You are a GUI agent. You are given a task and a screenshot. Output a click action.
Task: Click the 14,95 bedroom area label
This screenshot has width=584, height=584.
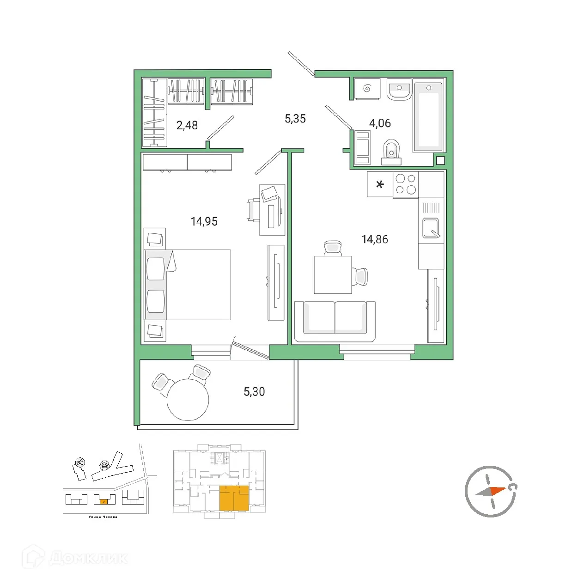[x=204, y=221]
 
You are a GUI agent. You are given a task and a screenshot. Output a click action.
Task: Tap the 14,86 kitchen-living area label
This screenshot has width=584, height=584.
[x=375, y=239]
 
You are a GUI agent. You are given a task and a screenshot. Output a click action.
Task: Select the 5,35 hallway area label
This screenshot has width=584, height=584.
[x=295, y=119]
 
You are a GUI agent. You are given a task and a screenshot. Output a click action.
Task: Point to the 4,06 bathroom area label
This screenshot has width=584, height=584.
[x=379, y=123]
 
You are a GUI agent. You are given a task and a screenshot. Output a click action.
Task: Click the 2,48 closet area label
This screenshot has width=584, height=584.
[x=187, y=125]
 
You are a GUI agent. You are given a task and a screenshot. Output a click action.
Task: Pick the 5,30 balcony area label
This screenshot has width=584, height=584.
[x=254, y=392]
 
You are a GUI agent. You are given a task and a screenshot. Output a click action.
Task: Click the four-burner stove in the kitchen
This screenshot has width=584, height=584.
[x=406, y=184]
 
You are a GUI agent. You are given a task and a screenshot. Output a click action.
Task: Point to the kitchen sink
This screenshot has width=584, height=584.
[x=431, y=227]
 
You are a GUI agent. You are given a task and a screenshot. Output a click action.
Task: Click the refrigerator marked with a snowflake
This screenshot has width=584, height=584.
[x=380, y=184]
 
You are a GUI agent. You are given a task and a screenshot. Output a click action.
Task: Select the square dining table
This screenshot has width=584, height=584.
[x=333, y=274]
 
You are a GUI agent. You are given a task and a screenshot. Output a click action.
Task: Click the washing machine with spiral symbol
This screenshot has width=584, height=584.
[x=367, y=89]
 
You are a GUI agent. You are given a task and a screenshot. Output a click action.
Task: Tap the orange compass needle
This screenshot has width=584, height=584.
[x=497, y=490]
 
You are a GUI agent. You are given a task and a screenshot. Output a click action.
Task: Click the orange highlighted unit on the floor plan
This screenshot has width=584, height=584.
[x=234, y=498]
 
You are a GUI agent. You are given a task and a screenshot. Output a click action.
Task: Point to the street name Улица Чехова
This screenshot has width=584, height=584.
[x=103, y=517]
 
